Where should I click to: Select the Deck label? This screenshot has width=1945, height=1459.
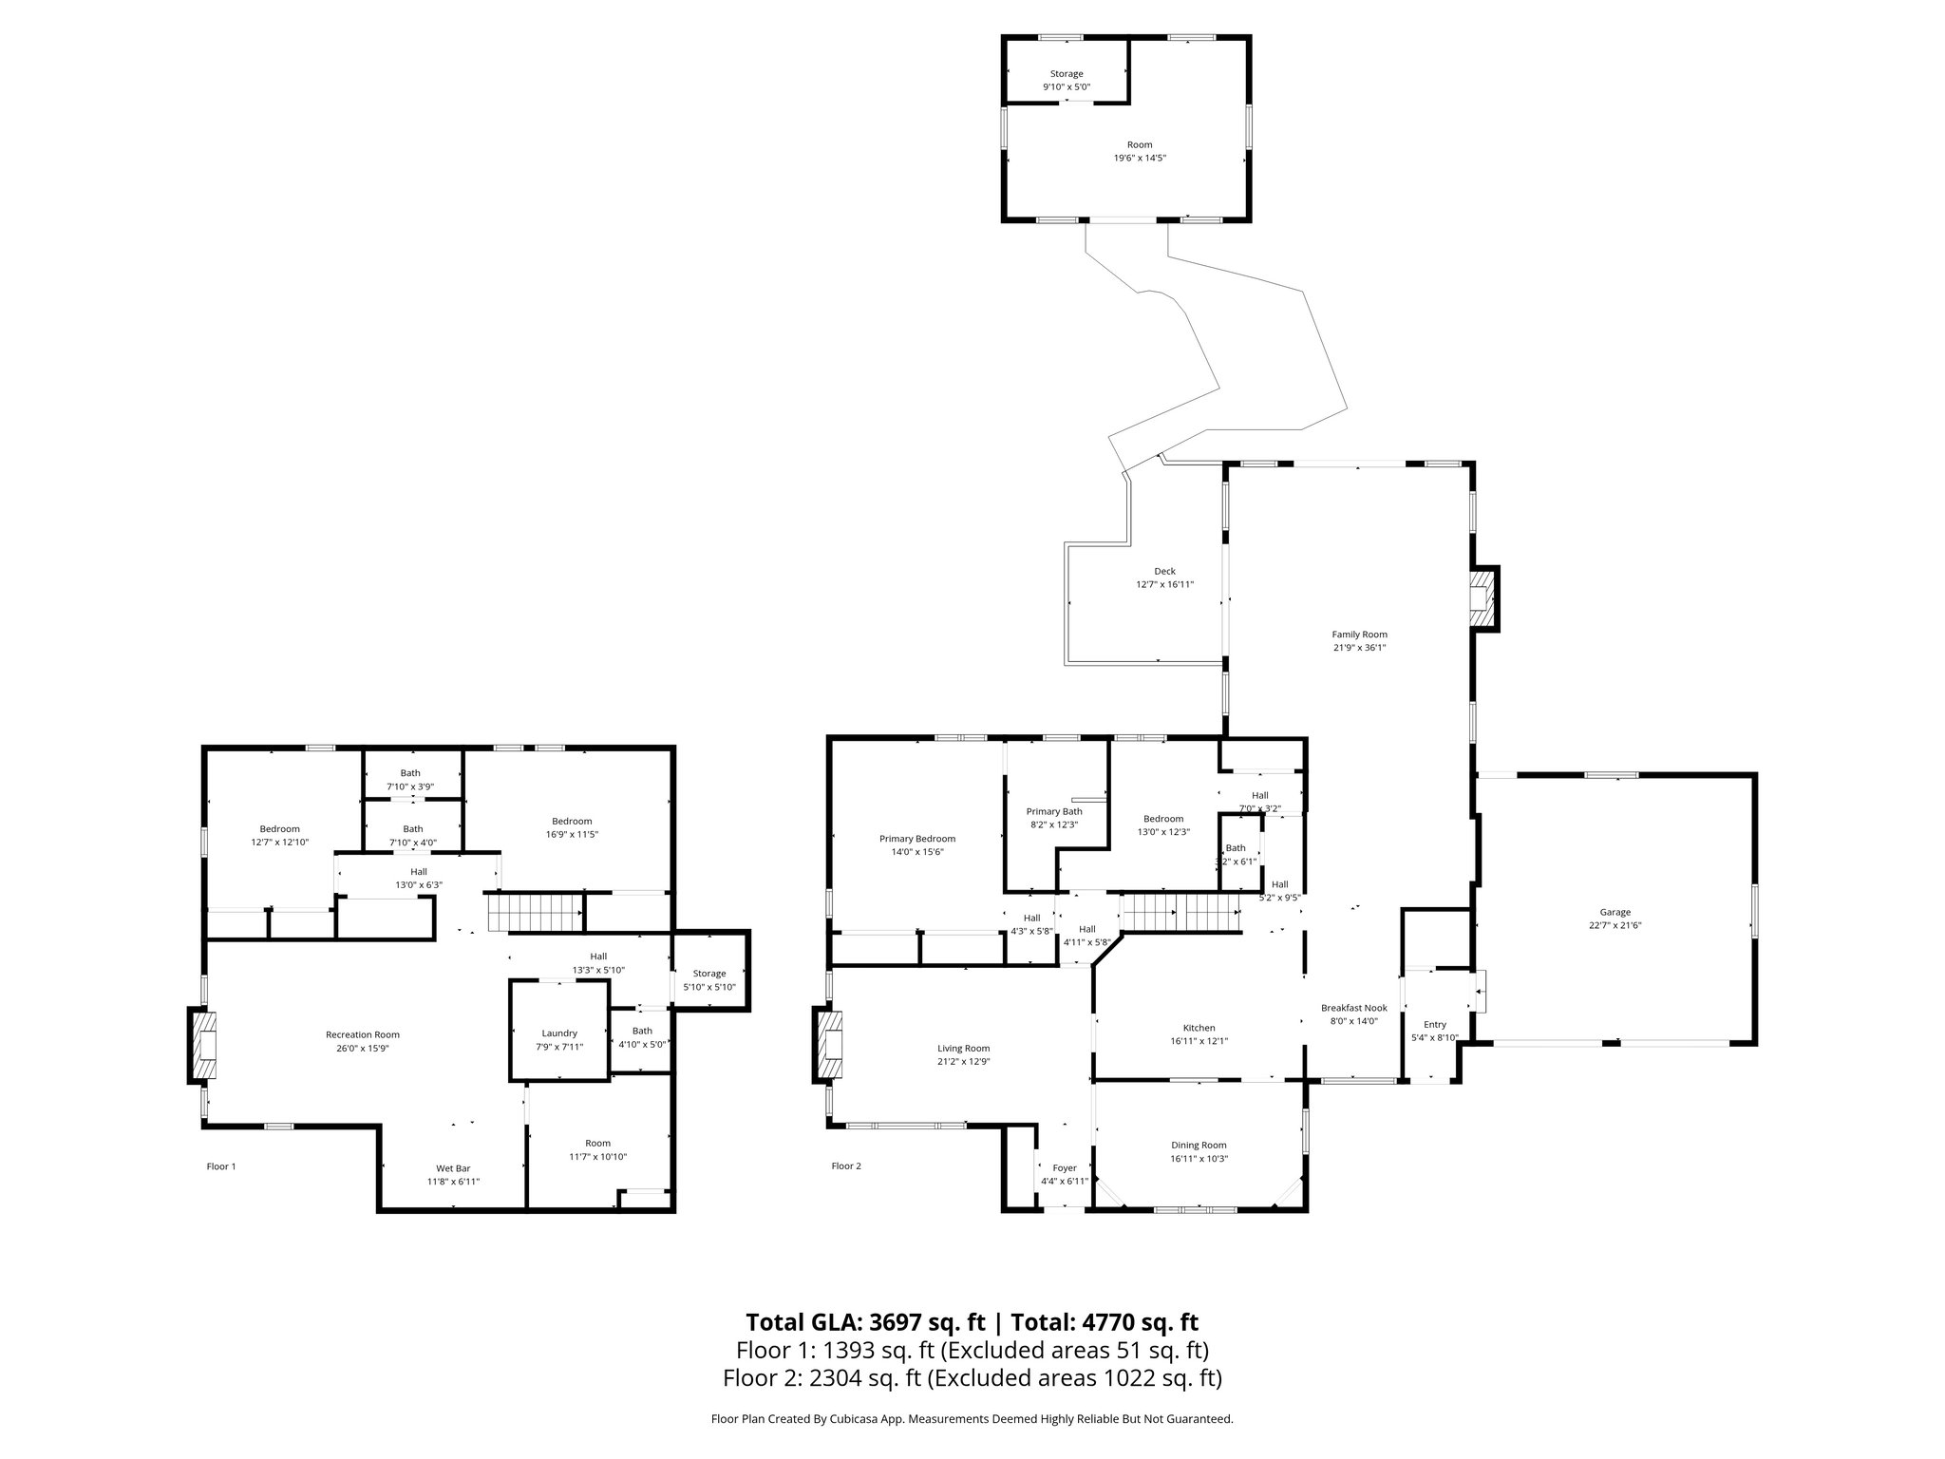click(1164, 571)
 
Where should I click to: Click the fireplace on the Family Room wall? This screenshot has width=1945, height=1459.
click(1482, 599)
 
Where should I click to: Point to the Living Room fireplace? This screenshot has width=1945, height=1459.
click(830, 1045)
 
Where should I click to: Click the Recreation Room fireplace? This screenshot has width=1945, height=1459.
click(204, 1046)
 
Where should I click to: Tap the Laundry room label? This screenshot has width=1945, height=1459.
click(559, 1033)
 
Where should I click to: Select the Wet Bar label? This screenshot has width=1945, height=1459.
click(453, 1168)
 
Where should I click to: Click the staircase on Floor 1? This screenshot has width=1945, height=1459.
click(535, 913)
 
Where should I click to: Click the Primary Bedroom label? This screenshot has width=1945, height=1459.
click(916, 839)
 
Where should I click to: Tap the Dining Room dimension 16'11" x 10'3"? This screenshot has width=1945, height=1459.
click(1199, 1159)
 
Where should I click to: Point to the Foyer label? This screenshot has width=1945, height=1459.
click(1065, 1168)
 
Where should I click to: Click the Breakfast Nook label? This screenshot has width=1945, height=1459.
click(1353, 1008)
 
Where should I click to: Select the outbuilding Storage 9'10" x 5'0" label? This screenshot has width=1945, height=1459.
click(1066, 74)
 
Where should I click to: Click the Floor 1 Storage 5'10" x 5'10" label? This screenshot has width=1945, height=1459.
click(708, 974)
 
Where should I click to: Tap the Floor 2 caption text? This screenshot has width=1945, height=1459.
click(846, 1166)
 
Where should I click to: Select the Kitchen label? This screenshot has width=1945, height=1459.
click(1199, 1028)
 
